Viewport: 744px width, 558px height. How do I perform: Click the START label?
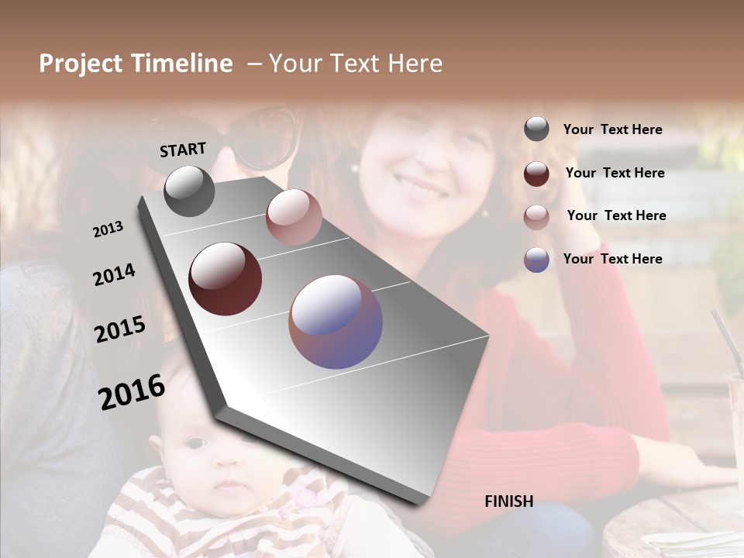point(183,150)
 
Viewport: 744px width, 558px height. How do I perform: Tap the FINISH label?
point(508,501)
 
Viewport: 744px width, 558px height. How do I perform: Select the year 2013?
point(108,229)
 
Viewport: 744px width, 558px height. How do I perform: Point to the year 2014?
point(114,274)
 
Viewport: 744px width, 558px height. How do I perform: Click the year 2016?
point(131,391)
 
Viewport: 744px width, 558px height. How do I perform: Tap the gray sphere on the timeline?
point(189,191)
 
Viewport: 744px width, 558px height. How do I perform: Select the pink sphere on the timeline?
point(294,217)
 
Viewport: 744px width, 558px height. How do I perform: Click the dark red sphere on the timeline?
point(225,278)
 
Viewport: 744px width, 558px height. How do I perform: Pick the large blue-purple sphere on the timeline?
point(336,322)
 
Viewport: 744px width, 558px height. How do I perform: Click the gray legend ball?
point(536,129)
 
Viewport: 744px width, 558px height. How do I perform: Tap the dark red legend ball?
point(536,174)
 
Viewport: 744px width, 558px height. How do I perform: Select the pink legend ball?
point(536,216)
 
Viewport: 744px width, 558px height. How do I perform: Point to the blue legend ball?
point(536,260)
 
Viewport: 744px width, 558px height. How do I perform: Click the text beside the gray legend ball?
point(612,130)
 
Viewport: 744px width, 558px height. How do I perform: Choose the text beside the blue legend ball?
point(612,259)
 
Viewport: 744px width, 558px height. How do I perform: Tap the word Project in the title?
point(81,64)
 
